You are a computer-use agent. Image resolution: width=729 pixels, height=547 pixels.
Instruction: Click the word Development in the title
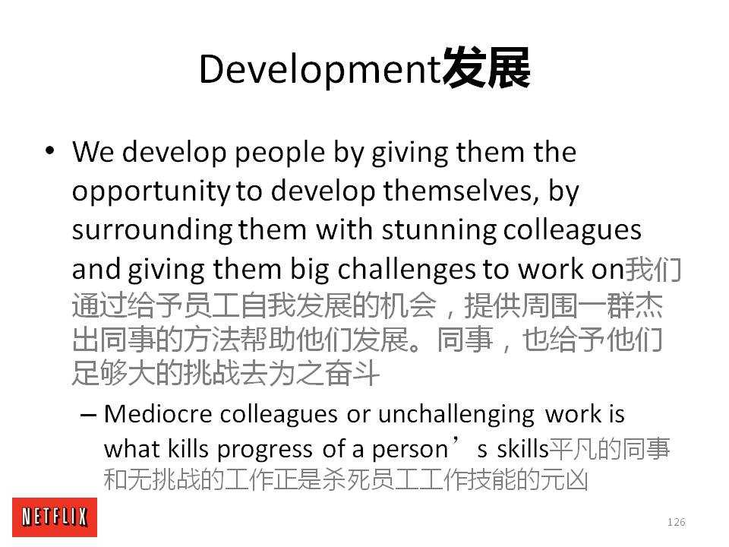320,69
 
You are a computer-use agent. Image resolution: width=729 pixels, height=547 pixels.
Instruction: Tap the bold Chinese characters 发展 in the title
486,68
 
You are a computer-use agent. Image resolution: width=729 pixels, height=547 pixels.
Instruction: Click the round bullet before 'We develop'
50,150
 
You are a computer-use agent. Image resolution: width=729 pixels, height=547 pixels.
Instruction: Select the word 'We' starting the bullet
93,152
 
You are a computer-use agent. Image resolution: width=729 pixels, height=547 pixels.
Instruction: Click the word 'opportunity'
151,192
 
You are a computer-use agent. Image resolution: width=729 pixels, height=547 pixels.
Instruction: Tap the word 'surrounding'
153,231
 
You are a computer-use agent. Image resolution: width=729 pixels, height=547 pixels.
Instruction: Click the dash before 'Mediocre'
88,415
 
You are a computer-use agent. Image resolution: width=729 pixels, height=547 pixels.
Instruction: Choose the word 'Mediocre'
158,413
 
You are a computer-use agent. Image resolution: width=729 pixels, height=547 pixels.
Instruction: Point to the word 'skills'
522,449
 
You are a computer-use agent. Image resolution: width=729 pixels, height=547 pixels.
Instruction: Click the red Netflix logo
55,517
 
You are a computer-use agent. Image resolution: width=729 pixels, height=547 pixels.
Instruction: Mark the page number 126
676,522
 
